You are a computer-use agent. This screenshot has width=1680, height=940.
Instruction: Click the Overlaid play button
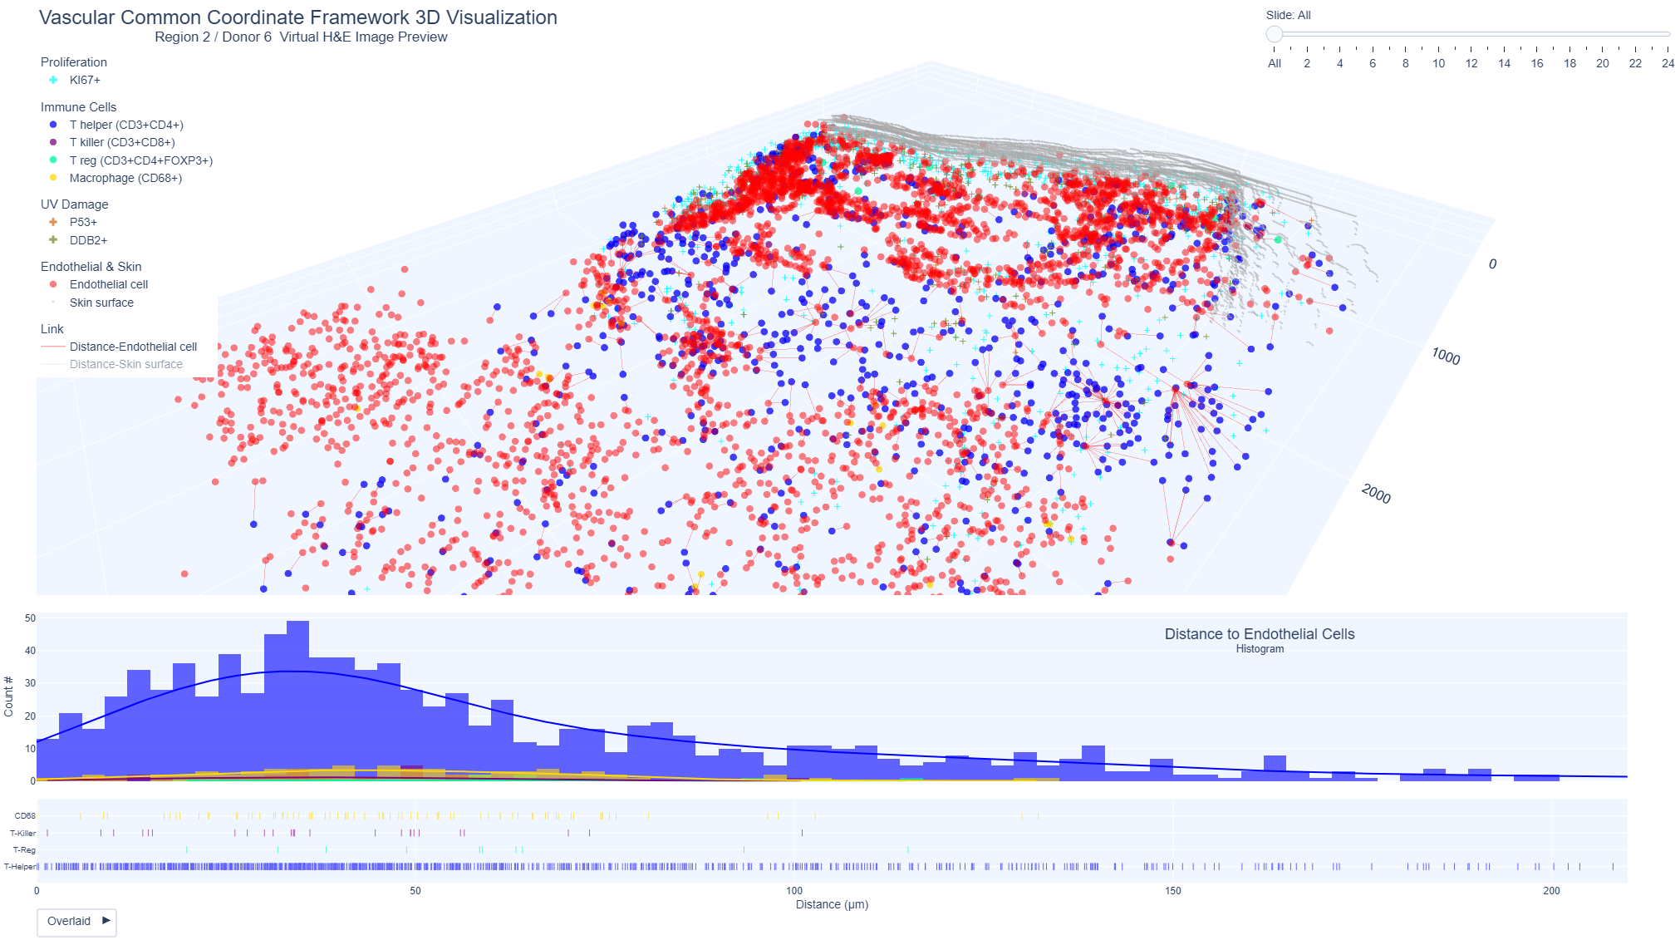tap(76, 922)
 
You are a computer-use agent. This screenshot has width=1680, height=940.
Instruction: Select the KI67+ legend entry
tap(85, 81)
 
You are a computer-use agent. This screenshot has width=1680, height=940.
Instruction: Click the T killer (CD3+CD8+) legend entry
tap(121, 143)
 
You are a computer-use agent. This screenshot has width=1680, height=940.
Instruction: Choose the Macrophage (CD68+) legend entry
tap(125, 179)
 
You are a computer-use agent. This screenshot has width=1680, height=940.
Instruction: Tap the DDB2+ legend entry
tap(88, 241)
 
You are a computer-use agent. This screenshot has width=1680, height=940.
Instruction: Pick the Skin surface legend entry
tap(101, 303)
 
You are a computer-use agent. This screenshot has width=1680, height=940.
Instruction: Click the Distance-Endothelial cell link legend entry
tap(133, 347)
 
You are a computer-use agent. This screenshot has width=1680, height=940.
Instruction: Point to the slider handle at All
tap(1274, 34)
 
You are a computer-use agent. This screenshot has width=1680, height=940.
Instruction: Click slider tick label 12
tap(1471, 64)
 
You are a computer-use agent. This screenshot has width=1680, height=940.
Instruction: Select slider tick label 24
tap(1668, 64)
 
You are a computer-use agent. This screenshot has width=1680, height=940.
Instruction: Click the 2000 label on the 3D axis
tap(1376, 495)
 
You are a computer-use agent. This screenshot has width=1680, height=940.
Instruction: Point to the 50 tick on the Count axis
tap(30, 618)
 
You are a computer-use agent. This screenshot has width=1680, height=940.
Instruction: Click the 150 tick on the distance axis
tap(1172, 891)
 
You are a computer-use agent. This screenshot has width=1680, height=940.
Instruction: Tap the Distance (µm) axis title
tap(832, 905)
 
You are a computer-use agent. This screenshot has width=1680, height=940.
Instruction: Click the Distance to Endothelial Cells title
tap(1259, 634)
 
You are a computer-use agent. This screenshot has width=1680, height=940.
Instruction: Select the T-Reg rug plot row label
tap(24, 850)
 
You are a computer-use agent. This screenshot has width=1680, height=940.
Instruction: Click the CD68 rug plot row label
tap(25, 816)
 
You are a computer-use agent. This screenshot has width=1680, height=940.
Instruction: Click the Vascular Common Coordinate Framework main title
tap(297, 17)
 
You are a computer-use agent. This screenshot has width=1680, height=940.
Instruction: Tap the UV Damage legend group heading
tap(74, 204)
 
